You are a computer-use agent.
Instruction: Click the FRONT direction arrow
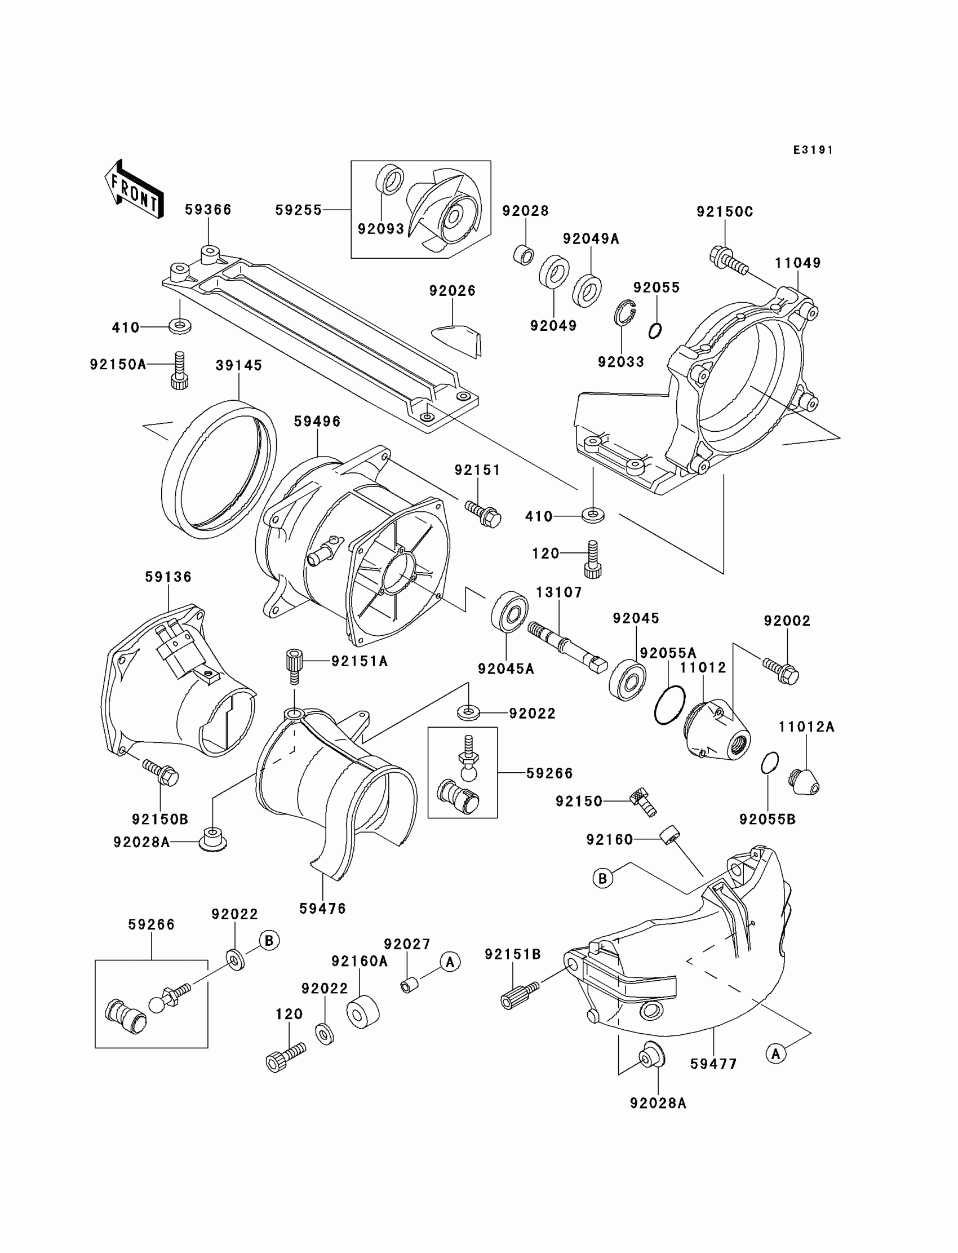[135, 190]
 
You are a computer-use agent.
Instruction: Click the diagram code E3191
[813, 150]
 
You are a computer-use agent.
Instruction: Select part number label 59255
[298, 210]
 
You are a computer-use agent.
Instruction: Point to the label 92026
[452, 291]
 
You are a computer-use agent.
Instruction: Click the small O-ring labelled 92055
[655, 330]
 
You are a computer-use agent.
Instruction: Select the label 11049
[797, 263]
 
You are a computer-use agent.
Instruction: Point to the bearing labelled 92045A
[510, 613]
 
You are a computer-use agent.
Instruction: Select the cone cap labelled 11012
[717, 732]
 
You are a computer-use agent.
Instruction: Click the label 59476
[322, 908]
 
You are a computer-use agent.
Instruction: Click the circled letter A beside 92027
[450, 962]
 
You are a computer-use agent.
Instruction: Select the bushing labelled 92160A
[363, 1012]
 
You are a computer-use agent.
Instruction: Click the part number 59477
[713, 1064]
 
